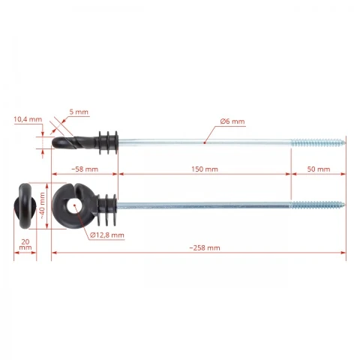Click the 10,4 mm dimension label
pyautogui.click(x=28, y=119)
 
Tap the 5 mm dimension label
pyautogui.click(x=79, y=112)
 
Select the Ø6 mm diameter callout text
pyautogui.click(x=232, y=121)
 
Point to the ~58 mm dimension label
pyautogui.click(x=85, y=169)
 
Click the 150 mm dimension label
pyautogui.click(x=205, y=169)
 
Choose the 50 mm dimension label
pyautogui.click(x=319, y=169)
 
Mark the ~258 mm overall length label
pyautogui.click(x=205, y=248)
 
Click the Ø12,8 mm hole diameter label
pyautogui.click(x=107, y=235)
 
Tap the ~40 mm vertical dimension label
pyautogui.click(x=43, y=205)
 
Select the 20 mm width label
pyautogui.click(x=25, y=244)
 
